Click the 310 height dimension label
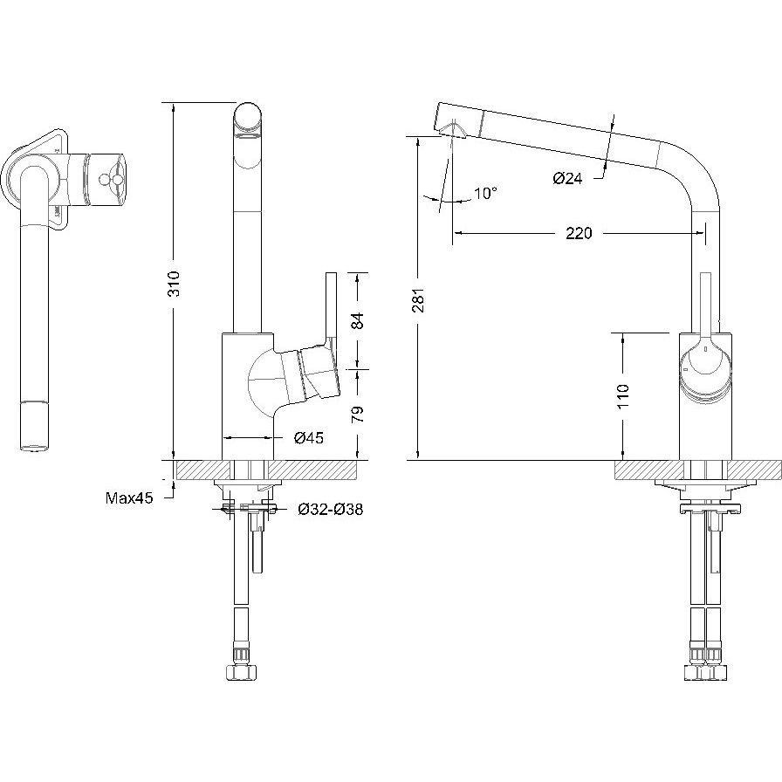point(173,284)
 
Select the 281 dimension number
point(418,299)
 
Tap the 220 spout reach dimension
point(579,233)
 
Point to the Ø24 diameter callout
point(567,178)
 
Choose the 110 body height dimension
point(623,396)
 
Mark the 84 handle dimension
point(358,320)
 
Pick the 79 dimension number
point(358,415)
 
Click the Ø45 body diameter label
point(309,438)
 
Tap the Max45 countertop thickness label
point(129,497)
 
